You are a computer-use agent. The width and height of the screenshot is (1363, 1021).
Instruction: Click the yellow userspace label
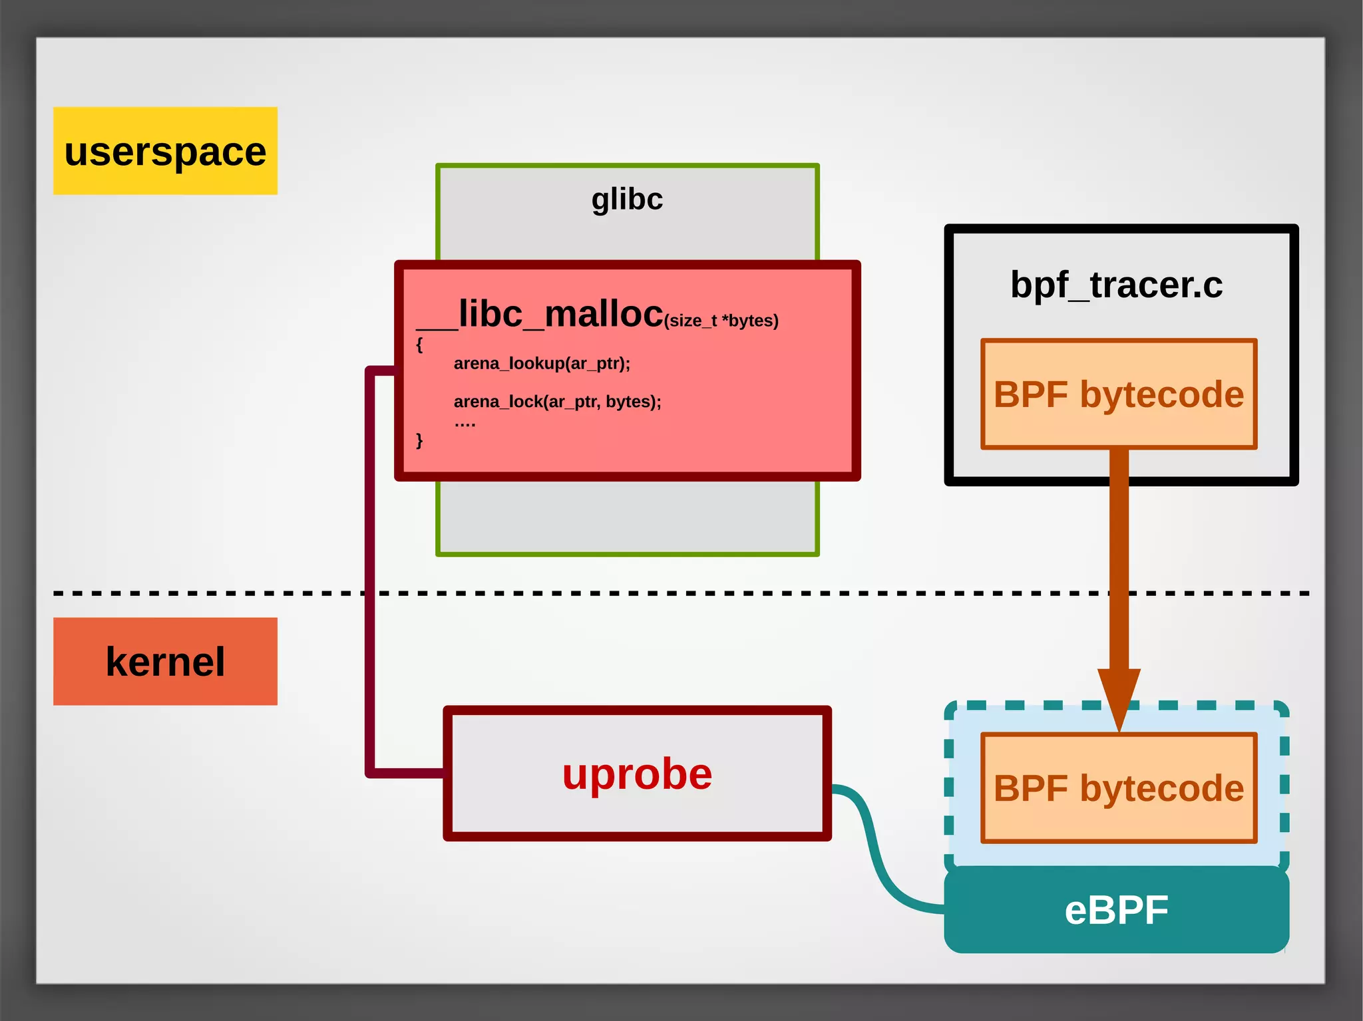click(165, 151)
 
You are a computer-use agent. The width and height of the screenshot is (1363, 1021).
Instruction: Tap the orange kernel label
click(165, 661)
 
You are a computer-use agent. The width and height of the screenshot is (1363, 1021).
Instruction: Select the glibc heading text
click(627, 199)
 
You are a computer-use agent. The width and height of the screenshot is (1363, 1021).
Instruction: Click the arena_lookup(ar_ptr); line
click(542, 363)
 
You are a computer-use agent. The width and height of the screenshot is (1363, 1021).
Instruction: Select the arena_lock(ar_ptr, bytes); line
click(557, 401)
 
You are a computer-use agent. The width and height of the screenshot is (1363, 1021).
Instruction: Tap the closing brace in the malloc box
click(419, 440)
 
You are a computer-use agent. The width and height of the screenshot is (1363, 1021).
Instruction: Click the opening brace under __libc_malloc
click(419, 345)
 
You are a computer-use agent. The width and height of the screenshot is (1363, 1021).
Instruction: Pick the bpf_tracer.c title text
click(1116, 285)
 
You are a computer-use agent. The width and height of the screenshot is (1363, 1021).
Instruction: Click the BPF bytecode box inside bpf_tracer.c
click(1118, 394)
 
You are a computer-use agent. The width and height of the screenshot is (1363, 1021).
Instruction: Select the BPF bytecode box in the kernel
click(1118, 788)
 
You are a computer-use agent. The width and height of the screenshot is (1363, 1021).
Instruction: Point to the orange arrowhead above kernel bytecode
click(1119, 695)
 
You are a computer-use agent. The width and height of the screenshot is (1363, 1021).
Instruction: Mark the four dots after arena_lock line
click(465, 424)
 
